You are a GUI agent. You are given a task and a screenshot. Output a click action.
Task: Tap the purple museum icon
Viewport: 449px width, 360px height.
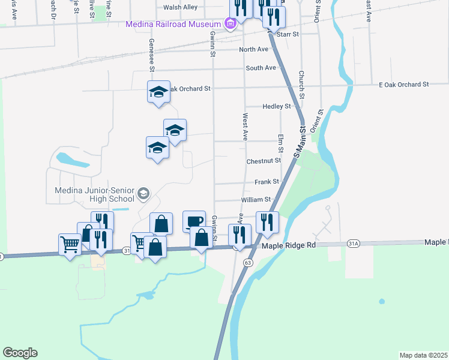tap(229, 25)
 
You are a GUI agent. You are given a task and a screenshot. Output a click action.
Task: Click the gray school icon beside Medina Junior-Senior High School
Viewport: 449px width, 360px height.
tap(143, 193)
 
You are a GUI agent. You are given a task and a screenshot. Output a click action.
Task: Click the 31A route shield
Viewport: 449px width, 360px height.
tap(354, 244)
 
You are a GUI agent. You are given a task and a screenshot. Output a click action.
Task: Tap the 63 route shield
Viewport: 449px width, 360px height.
tap(247, 263)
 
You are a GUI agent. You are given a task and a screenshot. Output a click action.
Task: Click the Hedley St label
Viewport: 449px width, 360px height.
tap(277, 106)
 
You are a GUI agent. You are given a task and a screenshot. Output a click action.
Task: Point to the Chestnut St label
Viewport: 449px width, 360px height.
tap(264, 161)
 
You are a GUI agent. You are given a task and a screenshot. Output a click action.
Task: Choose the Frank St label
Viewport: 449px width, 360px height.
tap(267, 181)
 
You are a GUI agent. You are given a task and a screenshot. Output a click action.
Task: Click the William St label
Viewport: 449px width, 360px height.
tap(256, 199)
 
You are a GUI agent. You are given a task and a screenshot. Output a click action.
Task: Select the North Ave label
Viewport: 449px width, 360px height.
tap(253, 49)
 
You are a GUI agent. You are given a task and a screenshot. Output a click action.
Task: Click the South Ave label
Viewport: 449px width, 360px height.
tap(261, 68)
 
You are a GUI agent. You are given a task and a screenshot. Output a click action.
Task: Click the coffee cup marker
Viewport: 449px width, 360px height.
tap(194, 221)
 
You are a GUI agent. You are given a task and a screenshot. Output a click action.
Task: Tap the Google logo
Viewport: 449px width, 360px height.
tap(20, 353)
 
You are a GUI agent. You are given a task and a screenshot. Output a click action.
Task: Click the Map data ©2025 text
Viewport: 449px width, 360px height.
tap(423, 355)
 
